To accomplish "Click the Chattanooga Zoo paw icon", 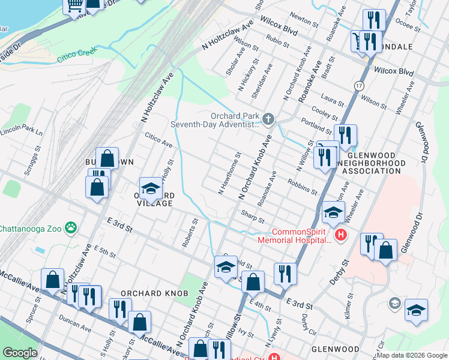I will pos(71,227).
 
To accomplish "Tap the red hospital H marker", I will pos(341,235).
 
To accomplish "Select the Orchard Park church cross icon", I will pos(268,120).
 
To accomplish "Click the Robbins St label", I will pos(302,186).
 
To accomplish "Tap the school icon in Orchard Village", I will pos(151,189).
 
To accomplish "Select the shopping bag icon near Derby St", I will pos(386,250).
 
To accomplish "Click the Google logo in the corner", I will pos(20,353).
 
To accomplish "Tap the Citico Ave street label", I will pos(158,141).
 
